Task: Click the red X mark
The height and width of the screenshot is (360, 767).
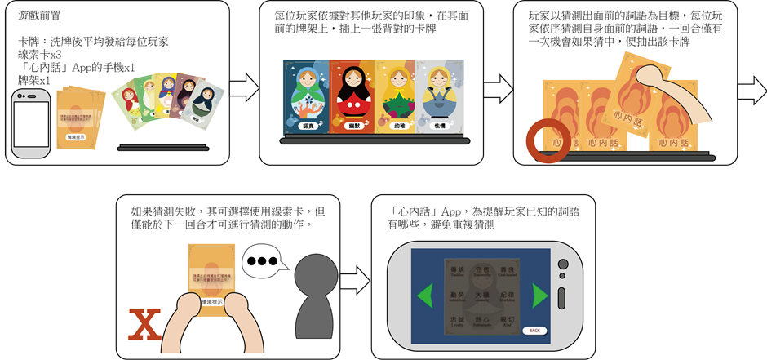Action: click(x=144, y=322)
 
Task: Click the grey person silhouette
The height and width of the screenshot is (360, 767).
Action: click(x=311, y=298)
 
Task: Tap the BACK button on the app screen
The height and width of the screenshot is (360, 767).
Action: click(x=533, y=330)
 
